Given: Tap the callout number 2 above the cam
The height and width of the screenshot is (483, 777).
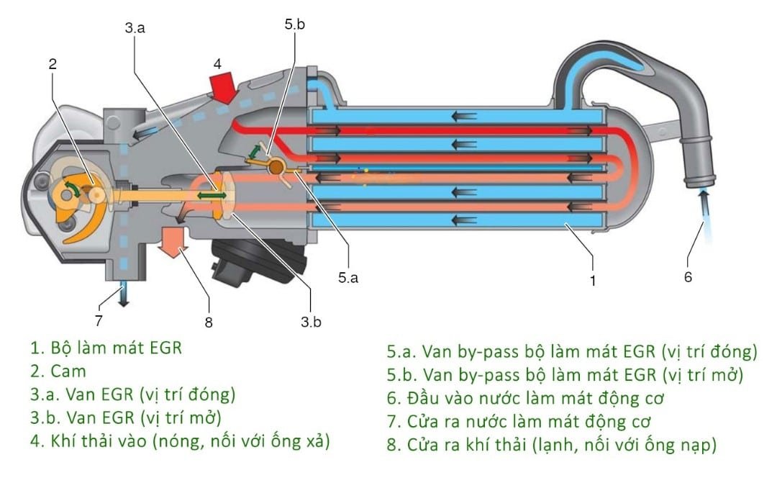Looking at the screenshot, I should click(x=53, y=63).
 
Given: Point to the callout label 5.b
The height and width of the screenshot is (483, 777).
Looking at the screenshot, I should click(x=294, y=24).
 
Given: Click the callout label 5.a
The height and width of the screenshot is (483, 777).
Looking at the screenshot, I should click(x=347, y=278).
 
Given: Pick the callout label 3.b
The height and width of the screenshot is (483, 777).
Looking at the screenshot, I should click(x=311, y=322).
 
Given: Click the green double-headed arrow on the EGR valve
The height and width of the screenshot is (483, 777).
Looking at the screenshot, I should click(x=211, y=195).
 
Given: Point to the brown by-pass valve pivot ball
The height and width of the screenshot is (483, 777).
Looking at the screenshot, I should click(x=276, y=166).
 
